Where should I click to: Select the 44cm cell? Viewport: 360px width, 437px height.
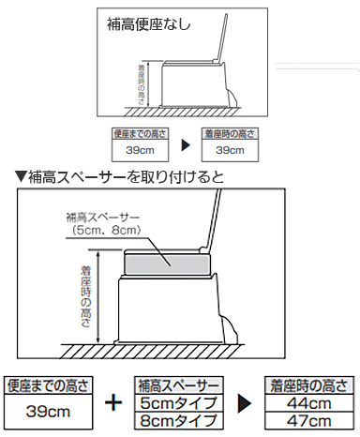pos(310,402)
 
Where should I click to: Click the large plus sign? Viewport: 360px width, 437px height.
pos(113,404)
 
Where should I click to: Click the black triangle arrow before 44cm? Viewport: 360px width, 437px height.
pos(245,404)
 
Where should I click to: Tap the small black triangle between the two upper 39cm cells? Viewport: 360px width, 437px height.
pos(185,144)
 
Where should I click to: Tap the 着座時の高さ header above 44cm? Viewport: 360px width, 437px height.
pos(310,385)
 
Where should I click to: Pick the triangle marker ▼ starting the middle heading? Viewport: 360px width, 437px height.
pos(20,175)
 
